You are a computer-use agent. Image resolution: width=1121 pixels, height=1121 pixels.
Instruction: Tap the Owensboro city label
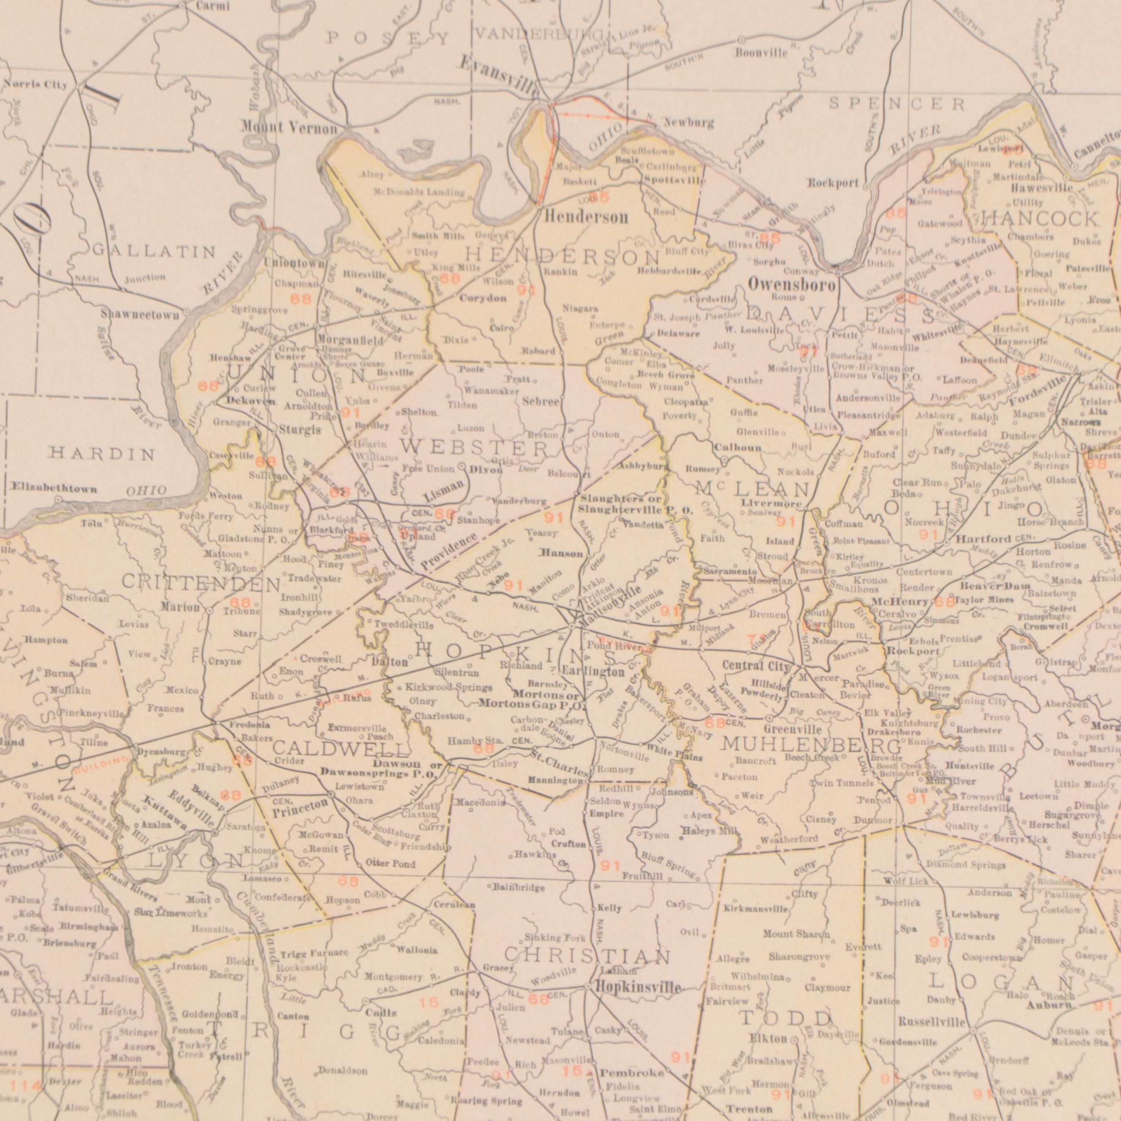[791, 285]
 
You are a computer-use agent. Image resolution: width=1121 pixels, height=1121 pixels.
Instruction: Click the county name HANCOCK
[1042, 219]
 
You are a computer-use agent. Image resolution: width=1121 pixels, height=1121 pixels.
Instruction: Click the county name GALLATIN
[155, 252]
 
